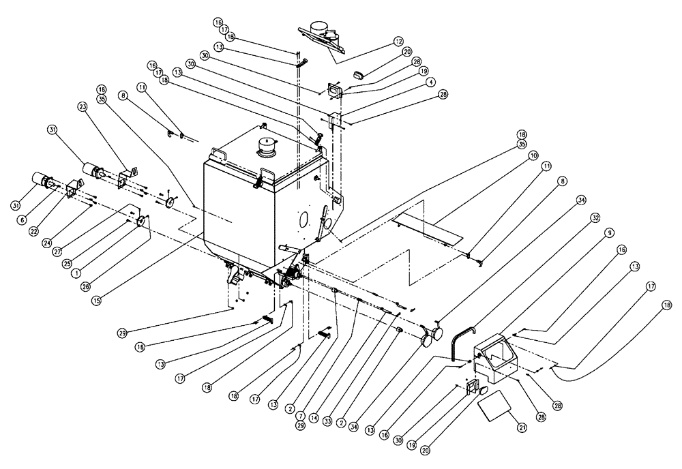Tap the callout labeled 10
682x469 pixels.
[x=533, y=157]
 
